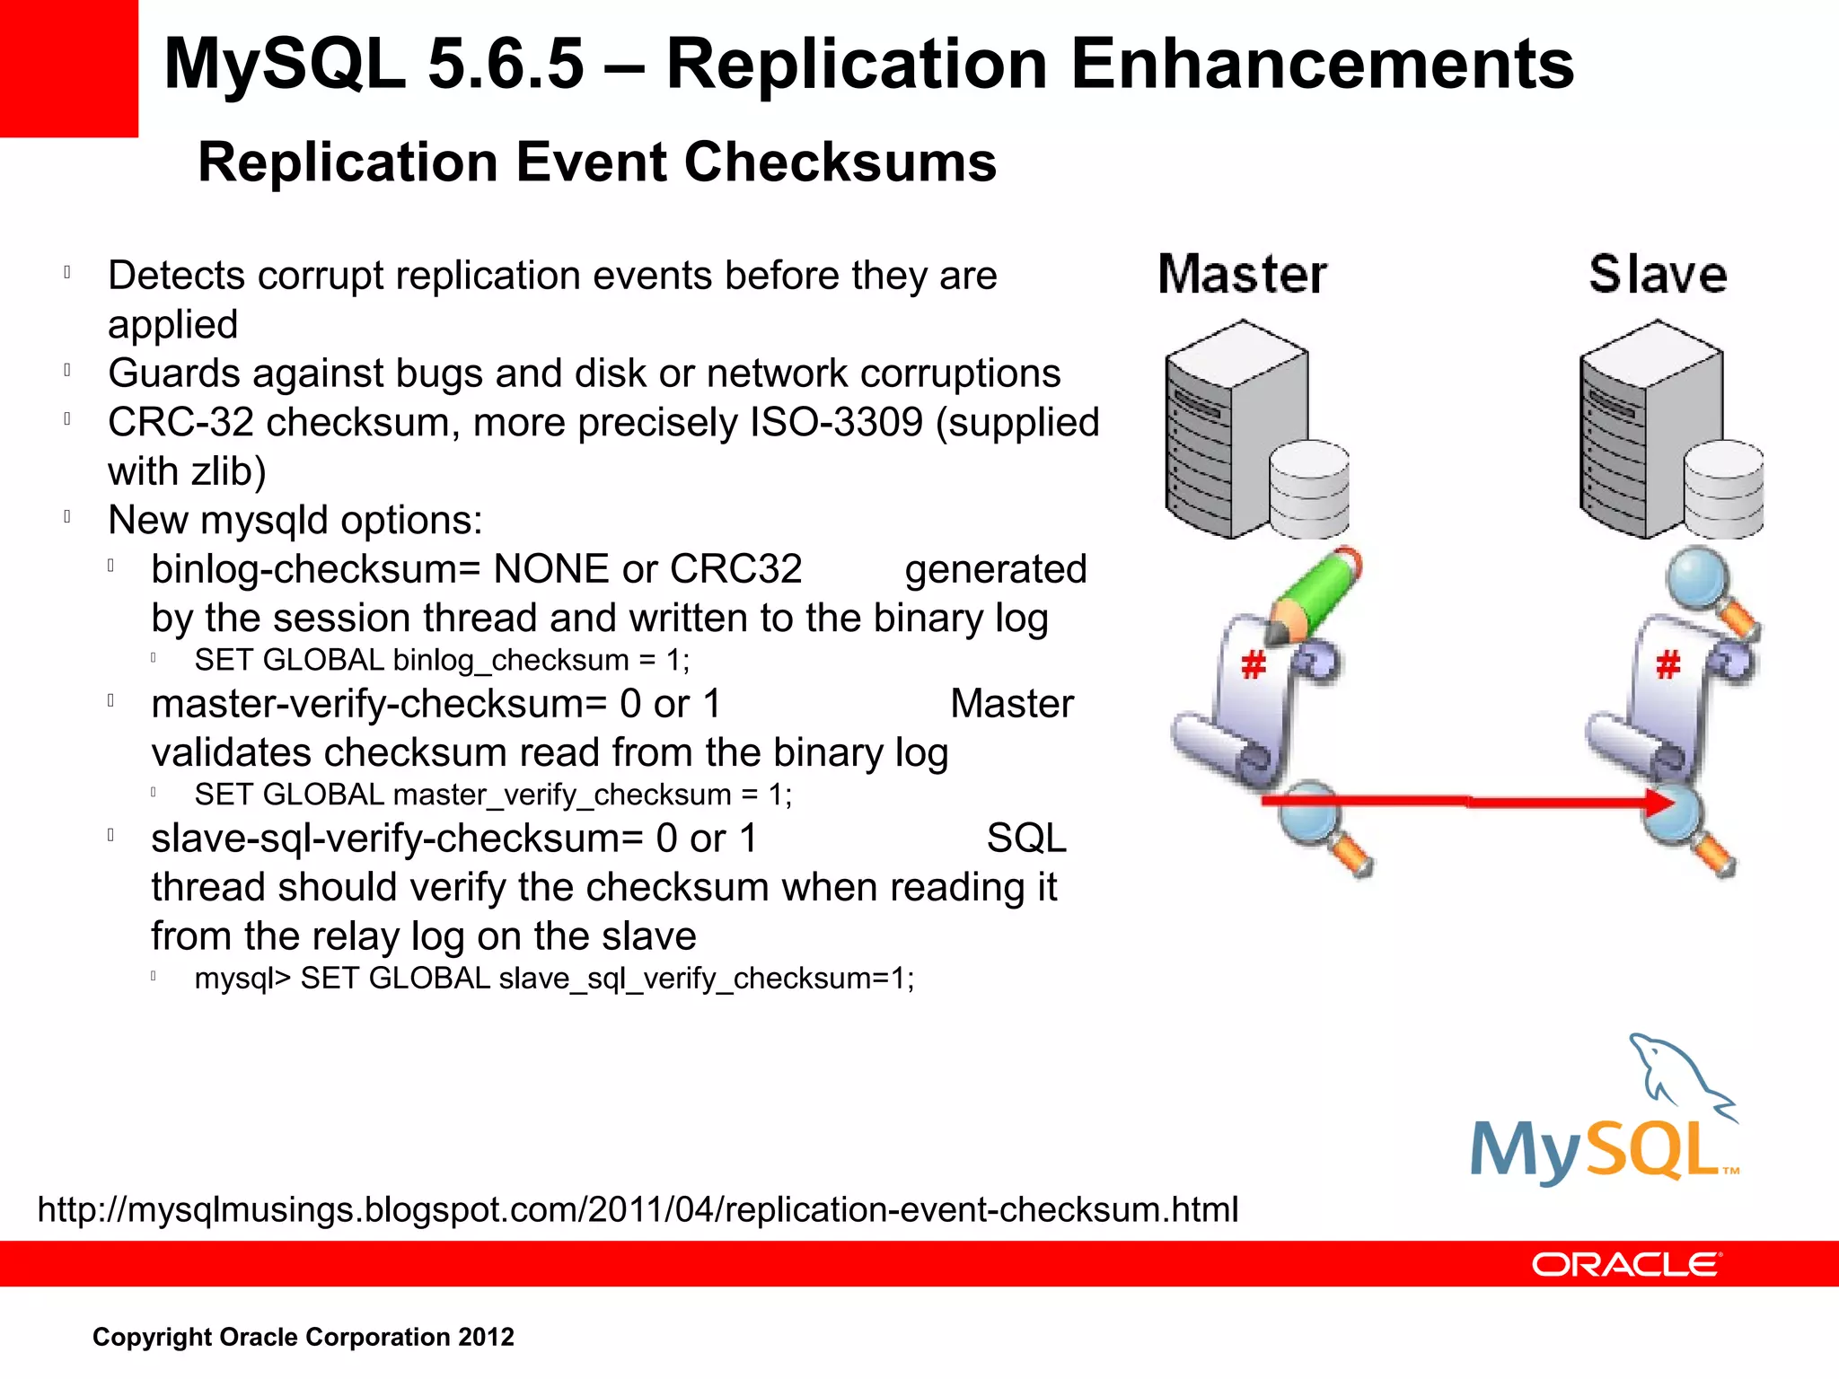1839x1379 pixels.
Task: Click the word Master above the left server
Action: point(1242,275)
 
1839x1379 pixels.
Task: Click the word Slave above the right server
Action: point(1658,275)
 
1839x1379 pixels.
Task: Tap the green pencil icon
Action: point(1318,593)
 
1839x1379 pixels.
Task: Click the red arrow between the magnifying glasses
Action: point(1464,801)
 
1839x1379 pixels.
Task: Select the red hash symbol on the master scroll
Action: point(1254,665)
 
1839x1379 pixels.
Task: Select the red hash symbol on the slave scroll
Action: point(1668,665)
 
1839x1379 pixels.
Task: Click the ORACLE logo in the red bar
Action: point(1626,1264)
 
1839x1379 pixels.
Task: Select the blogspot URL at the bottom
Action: point(638,1209)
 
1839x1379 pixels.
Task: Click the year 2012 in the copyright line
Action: point(486,1337)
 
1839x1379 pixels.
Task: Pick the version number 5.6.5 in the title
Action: point(506,65)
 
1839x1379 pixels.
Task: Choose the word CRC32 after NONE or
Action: point(735,569)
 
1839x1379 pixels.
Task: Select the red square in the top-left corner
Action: point(68,68)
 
